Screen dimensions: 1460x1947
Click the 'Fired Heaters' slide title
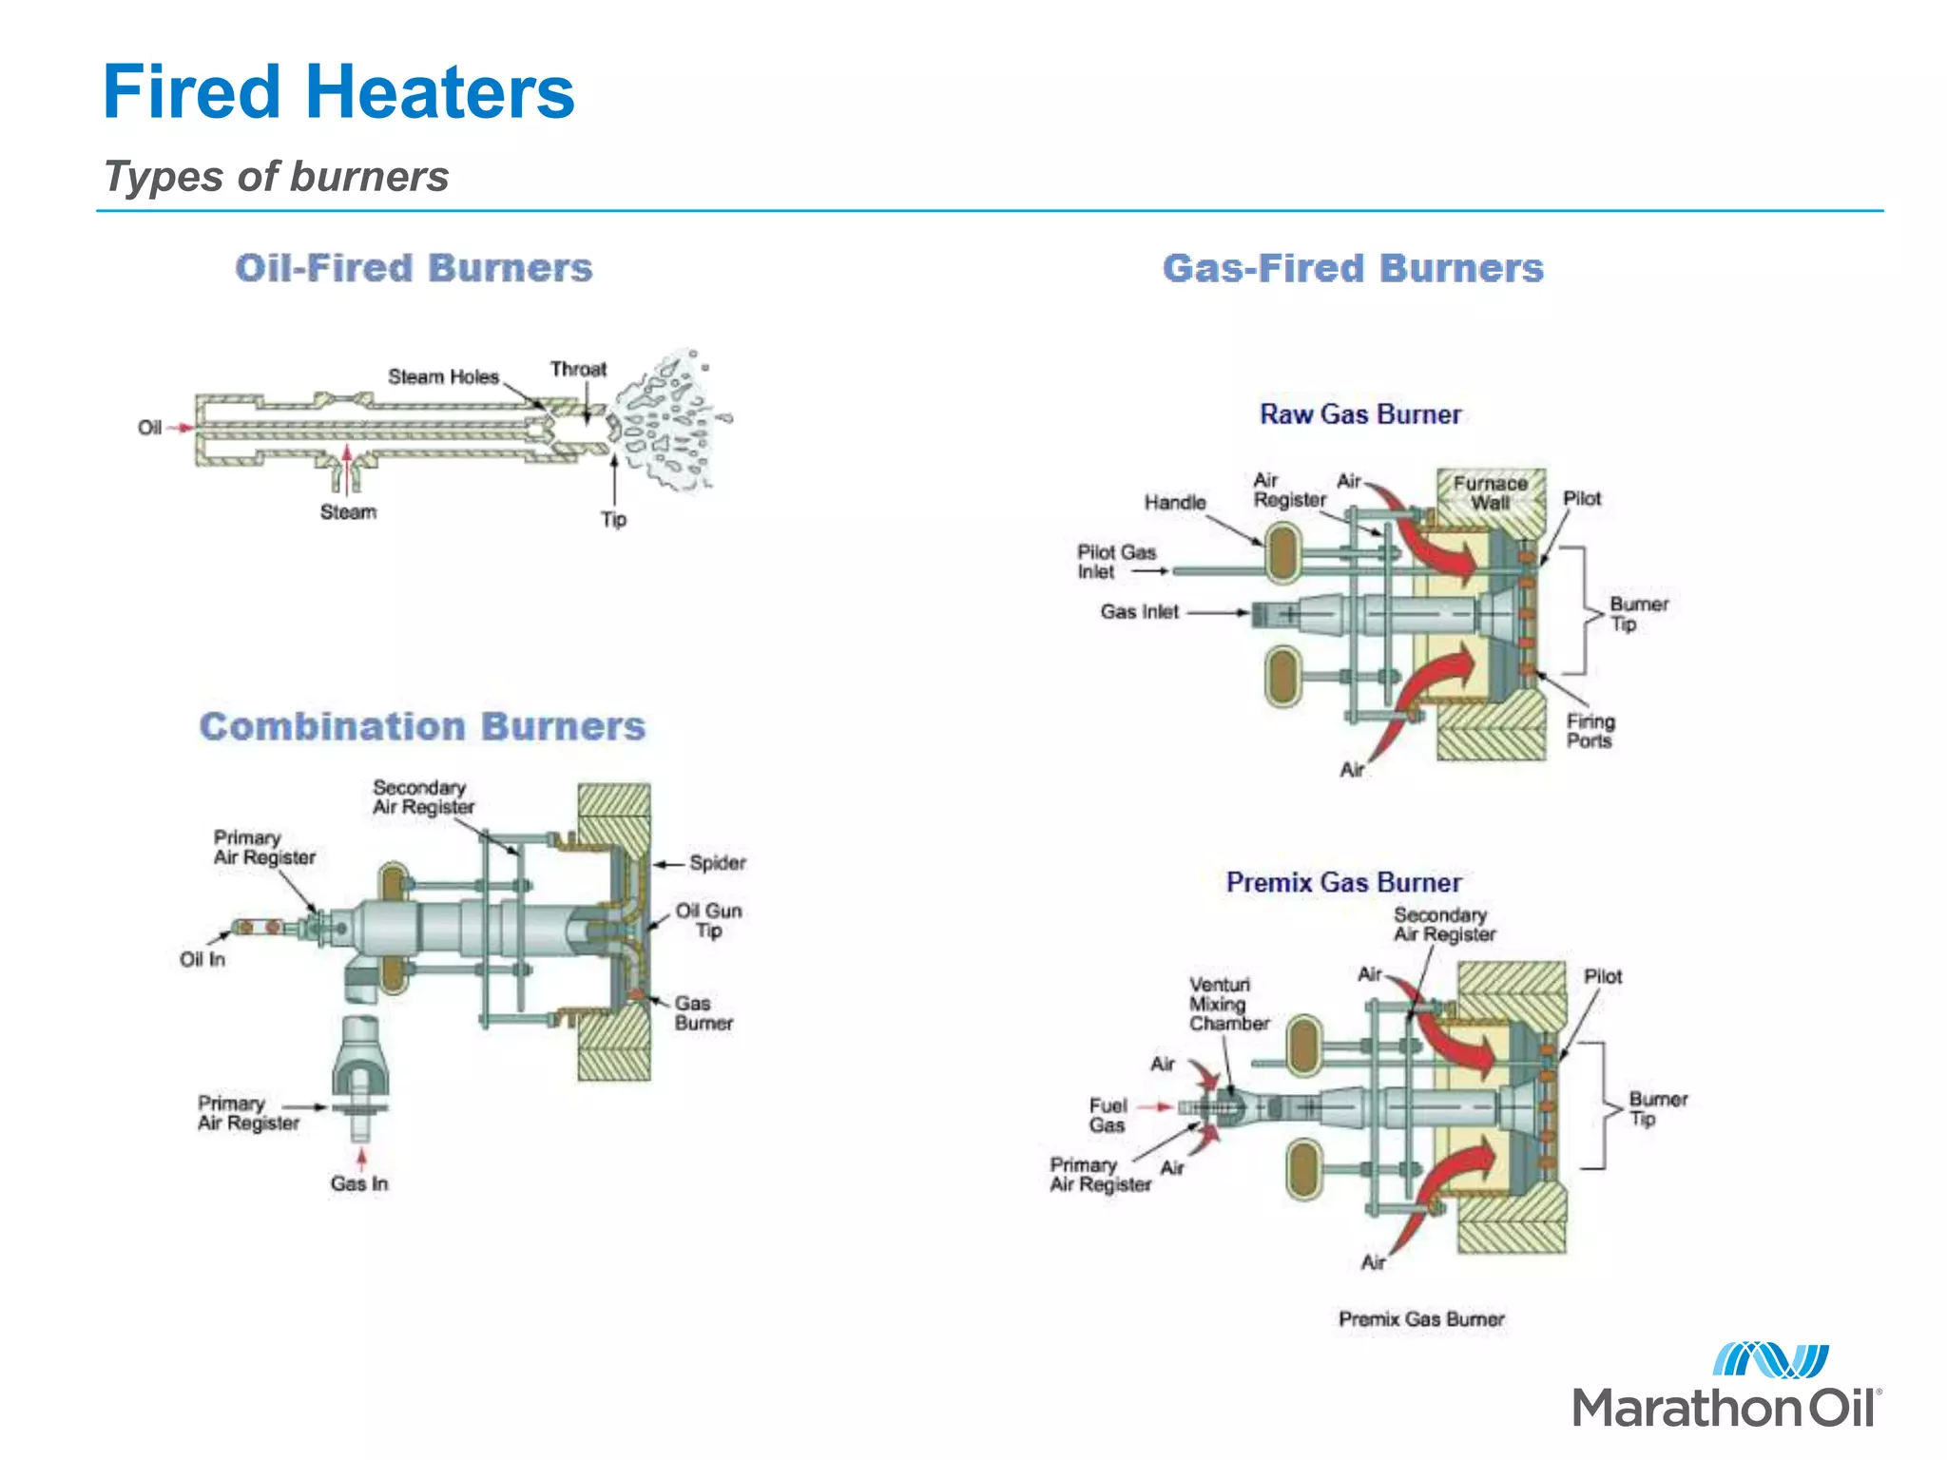pyautogui.click(x=338, y=93)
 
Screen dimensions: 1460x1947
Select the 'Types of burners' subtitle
pyautogui.click(x=276, y=177)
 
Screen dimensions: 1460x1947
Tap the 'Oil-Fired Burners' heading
pyautogui.click(x=414, y=268)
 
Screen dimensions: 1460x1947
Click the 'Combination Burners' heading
pyautogui.click(x=422, y=727)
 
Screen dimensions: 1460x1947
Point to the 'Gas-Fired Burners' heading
pyautogui.click(x=1353, y=269)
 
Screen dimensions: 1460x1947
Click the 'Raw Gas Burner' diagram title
pyautogui.click(x=1360, y=414)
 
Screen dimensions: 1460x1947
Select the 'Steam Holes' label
pyautogui.click(x=443, y=377)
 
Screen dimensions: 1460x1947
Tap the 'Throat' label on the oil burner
pyautogui.click(x=578, y=369)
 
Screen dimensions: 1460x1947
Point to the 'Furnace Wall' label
pyautogui.click(x=1490, y=492)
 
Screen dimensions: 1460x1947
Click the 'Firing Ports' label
pyautogui.click(x=1590, y=731)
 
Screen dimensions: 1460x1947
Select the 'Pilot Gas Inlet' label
pyautogui.click(x=1115, y=562)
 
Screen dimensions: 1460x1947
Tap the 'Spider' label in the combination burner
pyautogui.click(x=718, y=863)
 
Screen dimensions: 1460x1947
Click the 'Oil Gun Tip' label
pyautogui.click(x=708, y=920)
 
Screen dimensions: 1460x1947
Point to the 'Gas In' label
pyautogui.click(x=359, y=1183)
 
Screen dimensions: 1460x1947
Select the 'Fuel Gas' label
pyautogui.click(x=1108, y=1115)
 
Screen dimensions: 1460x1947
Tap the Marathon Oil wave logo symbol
pyautogui.click(x=1770, y=1360)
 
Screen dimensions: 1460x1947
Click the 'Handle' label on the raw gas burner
pyautogui.click(x=1175, y=503)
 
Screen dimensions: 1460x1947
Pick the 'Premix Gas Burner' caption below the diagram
pyautogui.click(x=1421, y=1319)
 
